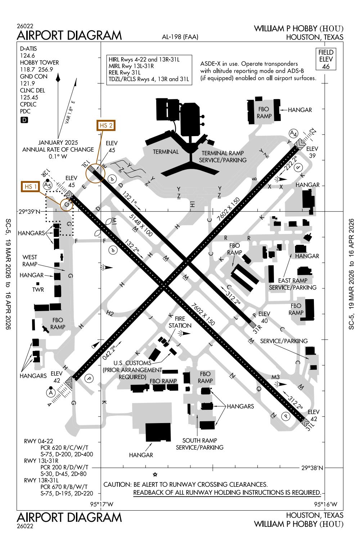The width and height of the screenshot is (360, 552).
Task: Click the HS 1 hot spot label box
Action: [x=31, y=187]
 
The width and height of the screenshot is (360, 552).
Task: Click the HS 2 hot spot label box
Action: [x=106, y=126]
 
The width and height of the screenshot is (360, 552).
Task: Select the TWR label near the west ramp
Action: [x=38, y=289]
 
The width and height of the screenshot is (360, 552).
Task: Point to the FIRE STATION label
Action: [x=180, y=322]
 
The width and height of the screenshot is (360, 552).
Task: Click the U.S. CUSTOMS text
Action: [x=133, y=363]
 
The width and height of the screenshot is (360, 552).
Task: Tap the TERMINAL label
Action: [x=166, y=152]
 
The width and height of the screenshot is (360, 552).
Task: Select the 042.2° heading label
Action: [x=110, y=352]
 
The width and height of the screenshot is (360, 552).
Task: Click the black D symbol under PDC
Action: [x=24, y=120]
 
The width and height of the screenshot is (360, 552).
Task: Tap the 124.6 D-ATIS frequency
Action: [x=27, y=55]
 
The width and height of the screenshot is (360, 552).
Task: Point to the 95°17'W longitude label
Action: [x=102, y=504]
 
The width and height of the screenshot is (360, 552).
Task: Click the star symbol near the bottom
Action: [x=155, y=474]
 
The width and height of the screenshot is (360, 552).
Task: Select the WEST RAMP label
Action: [x=30, y=261]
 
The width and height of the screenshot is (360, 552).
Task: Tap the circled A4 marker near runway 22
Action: [x=294, y=134]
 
